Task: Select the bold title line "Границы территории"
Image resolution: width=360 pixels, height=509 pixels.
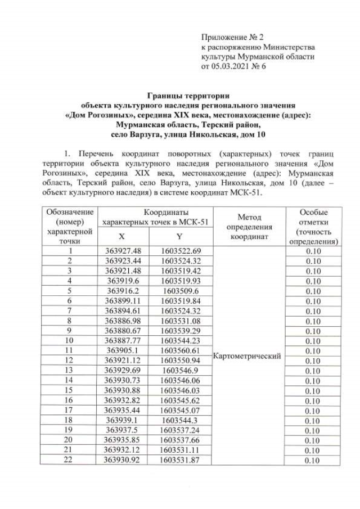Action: (x=188, y=95)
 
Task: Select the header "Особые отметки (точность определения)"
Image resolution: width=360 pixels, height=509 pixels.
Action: (x=313, y=227)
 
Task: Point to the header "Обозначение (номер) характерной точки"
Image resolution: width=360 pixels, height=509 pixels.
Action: (x=70, y=227)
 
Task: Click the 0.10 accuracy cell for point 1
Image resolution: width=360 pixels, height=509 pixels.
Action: (x=313, y=251)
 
